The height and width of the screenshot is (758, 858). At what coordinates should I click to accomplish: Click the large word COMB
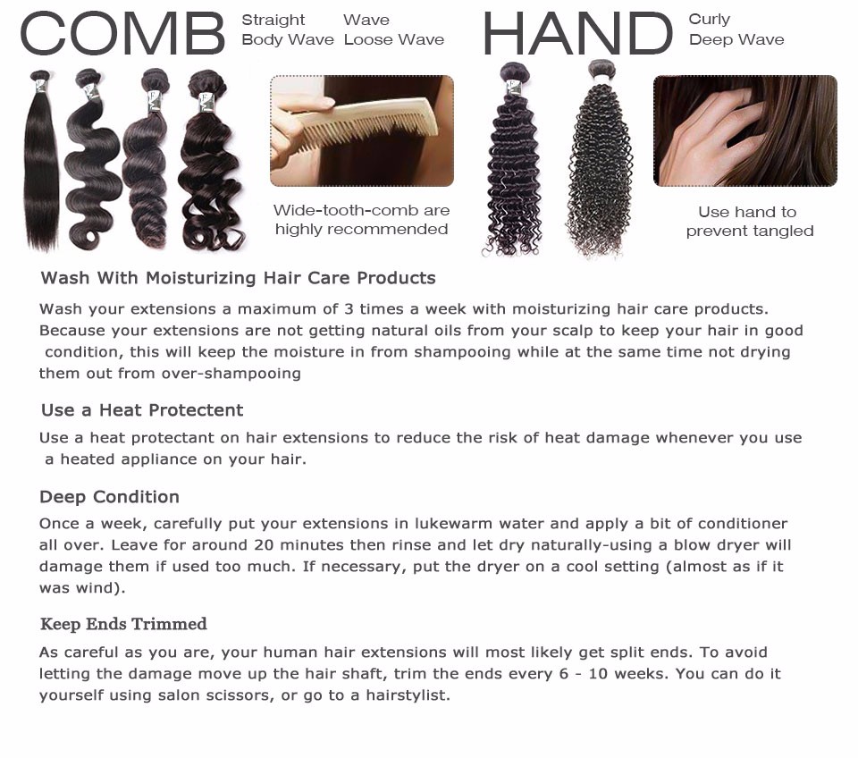[x=122, y=34]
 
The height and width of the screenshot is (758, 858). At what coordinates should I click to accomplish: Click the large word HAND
[x=578, y=34]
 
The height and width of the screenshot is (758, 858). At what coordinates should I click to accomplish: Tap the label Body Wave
[x=288, y=40]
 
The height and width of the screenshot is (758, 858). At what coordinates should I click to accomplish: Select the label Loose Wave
[x=394, y=40]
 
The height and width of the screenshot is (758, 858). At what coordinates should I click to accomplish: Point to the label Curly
[x=709, y=20]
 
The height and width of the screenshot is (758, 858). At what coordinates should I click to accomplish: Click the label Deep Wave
[x=736, y=40]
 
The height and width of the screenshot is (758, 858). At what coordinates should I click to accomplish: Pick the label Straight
[x=273, y=21]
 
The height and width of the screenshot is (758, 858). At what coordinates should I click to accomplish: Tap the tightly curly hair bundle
[x=599, y=159]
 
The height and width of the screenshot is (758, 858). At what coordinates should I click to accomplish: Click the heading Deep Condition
[x=109, y=497]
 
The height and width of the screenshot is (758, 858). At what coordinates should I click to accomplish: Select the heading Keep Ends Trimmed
[x=123, y=624]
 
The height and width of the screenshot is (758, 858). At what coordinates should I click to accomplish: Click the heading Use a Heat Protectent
[x=142, y=410]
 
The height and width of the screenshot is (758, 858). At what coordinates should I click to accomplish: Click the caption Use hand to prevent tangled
[x=749, y=221]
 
